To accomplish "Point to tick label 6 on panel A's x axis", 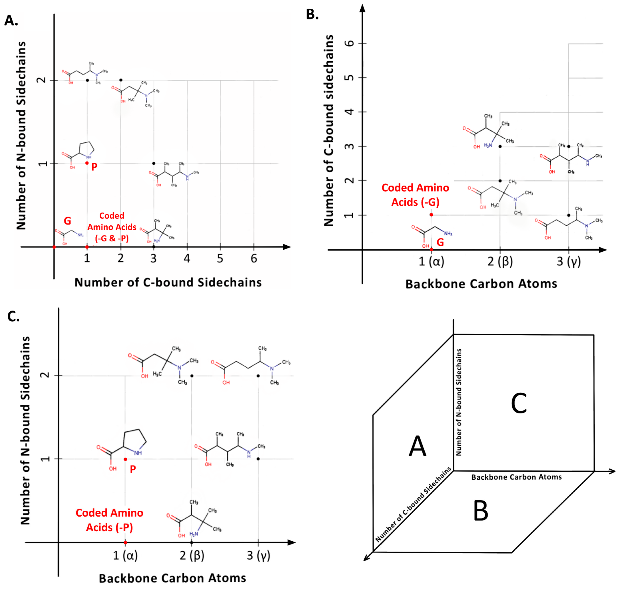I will [x=254, y=259].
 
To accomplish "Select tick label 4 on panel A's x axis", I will [x=187, y=259].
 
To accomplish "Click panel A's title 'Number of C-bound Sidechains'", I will [x=168, y=283].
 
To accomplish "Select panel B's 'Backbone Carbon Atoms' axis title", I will [x=481, y=284].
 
